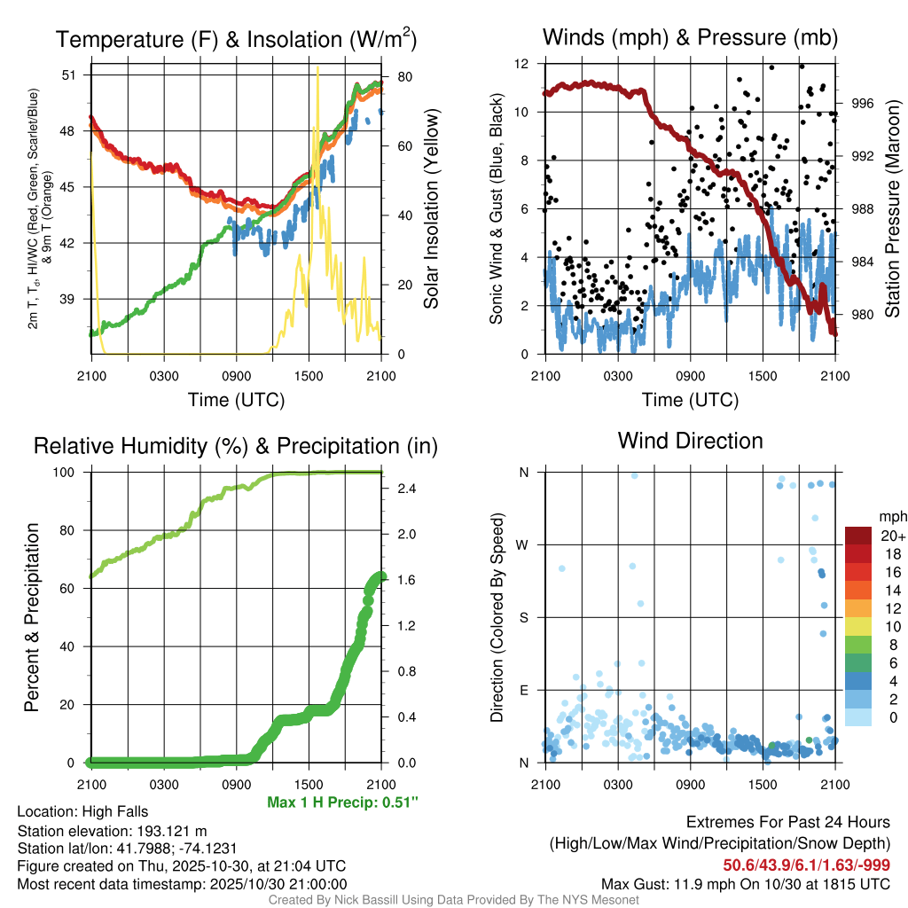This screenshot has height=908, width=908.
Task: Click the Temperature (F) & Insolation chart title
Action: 236,39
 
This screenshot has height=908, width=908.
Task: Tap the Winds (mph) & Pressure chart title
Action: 690,37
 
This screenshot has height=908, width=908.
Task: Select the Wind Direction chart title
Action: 690,441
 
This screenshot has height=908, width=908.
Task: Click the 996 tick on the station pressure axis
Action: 863,103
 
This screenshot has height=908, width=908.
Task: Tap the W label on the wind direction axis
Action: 522,544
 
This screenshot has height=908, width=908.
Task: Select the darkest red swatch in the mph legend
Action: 858,536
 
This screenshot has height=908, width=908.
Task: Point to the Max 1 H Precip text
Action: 342,802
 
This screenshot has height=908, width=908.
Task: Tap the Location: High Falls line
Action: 82,811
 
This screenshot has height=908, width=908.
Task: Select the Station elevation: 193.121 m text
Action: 112,831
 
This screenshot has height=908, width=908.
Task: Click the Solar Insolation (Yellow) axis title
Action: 432,209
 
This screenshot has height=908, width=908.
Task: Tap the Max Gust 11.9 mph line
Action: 745,884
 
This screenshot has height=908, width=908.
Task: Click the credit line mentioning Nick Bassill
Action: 453,900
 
